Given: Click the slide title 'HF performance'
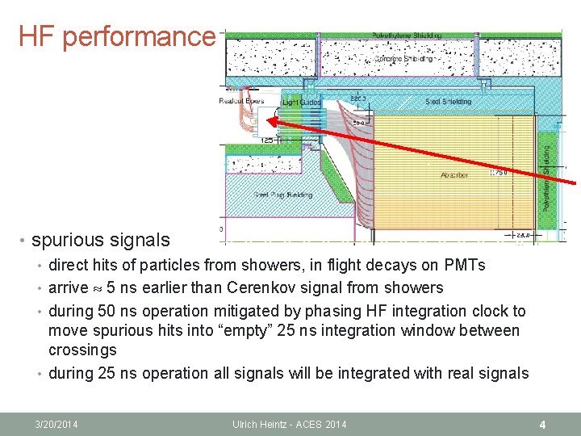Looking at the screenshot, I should point(116,36).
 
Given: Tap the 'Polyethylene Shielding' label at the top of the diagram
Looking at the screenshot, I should point(406,36).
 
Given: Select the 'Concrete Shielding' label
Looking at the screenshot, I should point(405,59).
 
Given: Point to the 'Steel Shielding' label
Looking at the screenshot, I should point(448,102).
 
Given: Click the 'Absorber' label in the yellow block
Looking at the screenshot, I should point(454,174).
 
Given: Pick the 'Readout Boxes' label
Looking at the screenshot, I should point(241,101).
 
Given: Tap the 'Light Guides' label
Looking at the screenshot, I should point(302,103).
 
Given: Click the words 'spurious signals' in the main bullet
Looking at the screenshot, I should point(101,240).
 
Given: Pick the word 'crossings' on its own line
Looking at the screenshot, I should point(82,350).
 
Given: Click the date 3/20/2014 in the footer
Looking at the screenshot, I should point(57,424).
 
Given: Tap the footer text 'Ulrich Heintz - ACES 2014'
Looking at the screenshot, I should point(290,424).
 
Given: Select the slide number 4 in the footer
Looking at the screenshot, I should point(543,423).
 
